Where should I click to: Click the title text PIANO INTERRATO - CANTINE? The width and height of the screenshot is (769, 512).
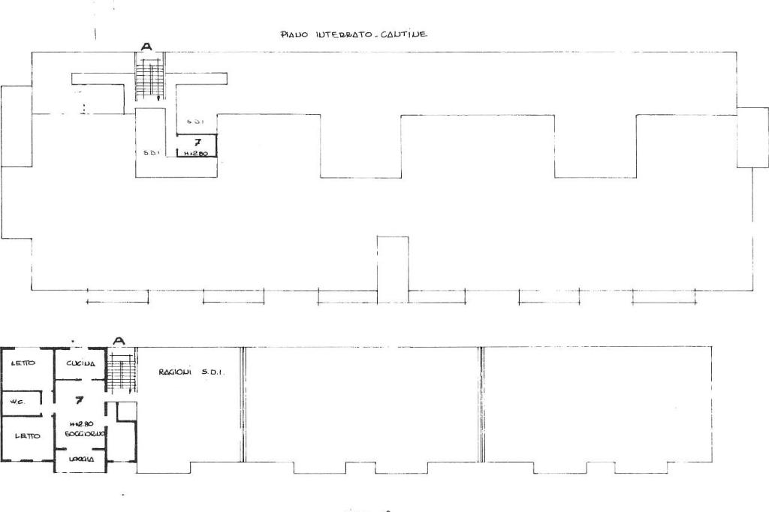click(354, 34)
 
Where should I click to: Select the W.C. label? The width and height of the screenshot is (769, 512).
click(17, 402)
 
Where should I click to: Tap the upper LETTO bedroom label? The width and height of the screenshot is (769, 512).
click(23, 363)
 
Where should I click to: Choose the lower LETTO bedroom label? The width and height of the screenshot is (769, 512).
click(27, 435)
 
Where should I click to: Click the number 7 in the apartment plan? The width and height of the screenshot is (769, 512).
click(79, 400)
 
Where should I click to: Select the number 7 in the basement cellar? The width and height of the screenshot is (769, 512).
click(197, 141)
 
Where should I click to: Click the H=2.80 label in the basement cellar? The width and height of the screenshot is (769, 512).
click(196, 152)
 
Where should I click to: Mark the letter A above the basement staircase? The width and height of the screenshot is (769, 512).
click(146, 47)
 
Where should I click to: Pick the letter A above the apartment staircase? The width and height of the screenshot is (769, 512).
click(118, 341)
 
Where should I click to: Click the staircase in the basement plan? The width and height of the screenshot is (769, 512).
click(149, 78)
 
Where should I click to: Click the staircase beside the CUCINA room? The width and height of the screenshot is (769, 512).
click(120, 373)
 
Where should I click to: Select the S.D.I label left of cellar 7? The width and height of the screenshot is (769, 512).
click(149, 152)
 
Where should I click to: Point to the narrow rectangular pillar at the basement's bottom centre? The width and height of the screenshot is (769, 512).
click(393, 269)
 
